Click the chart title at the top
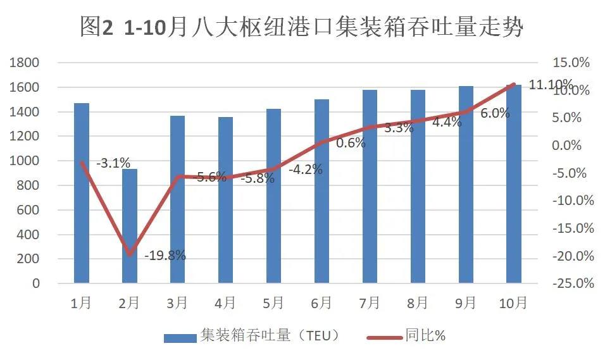302,27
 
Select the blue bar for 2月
130,226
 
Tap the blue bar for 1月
82,193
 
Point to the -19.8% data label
165,256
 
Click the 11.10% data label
551,85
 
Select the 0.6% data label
351,143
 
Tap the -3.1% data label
113,163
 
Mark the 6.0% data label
495,113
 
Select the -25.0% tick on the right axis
573,283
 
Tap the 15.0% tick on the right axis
571,63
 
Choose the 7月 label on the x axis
370,303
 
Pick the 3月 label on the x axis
178,303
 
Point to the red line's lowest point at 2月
130,254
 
